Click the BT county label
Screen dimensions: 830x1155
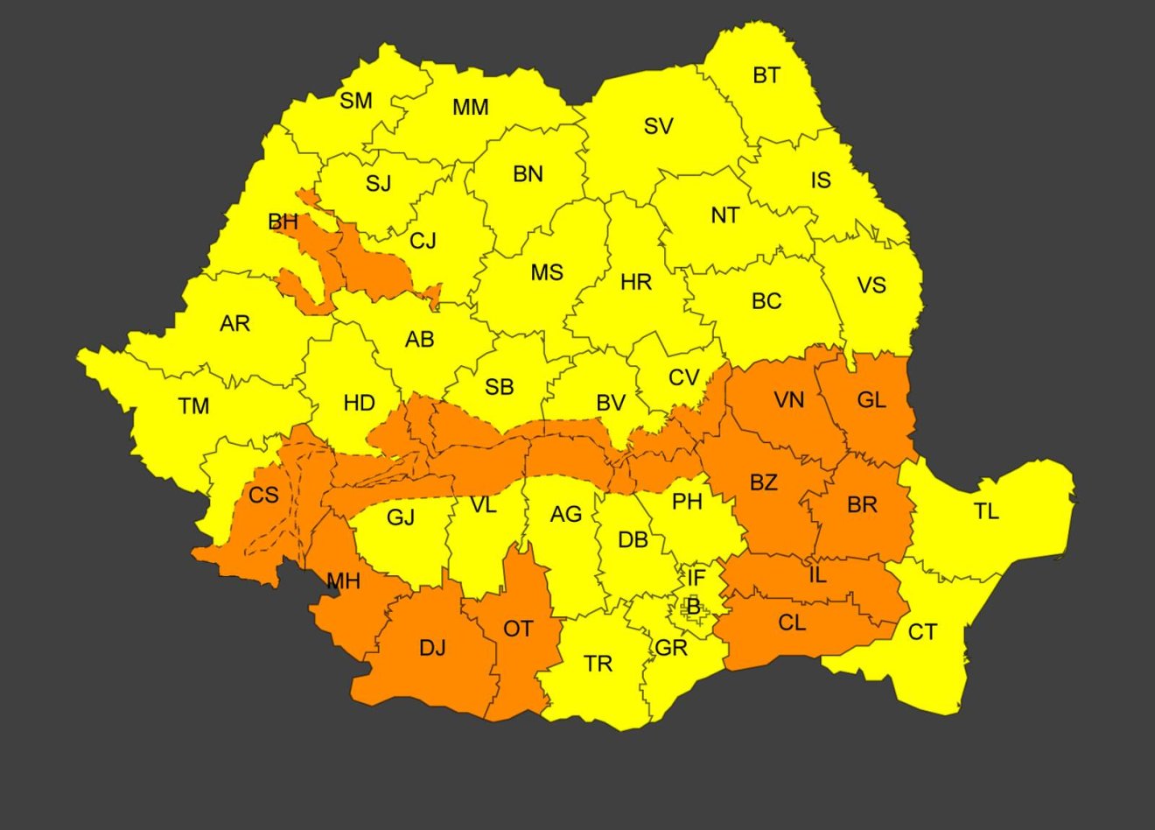tap(766, 75)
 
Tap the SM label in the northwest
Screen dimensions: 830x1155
tap(356, 101)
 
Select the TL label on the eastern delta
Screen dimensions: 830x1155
tap(986, 511)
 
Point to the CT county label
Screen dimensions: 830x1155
tap(922, 632)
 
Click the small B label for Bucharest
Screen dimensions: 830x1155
tap(693, 606)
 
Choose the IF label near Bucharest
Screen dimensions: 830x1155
tap(696, 578)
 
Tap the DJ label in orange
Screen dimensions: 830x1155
tap(432, 648)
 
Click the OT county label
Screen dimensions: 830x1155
tap(518, 629)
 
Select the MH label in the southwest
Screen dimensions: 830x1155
tap(343, 580)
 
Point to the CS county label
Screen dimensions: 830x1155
tap(263, 496)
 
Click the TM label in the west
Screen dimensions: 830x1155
tap(193, 406)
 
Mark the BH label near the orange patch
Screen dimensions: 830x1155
tap(283, 222)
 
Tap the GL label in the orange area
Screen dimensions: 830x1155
tap(871, 400)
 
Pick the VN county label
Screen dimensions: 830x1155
tap(788, 400)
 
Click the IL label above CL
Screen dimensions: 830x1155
tap(817, 576)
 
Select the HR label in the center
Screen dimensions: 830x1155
tap(636, 283)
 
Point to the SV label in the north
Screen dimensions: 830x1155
tap(658, 127)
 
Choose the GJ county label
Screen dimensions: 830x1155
tap(401, 517)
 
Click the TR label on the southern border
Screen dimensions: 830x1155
tap(598, 665)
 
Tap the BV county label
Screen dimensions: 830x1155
tap(611, 403)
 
